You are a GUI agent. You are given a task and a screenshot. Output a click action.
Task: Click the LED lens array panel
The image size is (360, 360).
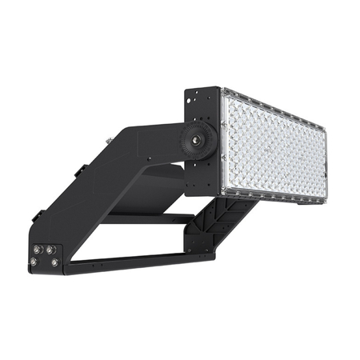[274, 144]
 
